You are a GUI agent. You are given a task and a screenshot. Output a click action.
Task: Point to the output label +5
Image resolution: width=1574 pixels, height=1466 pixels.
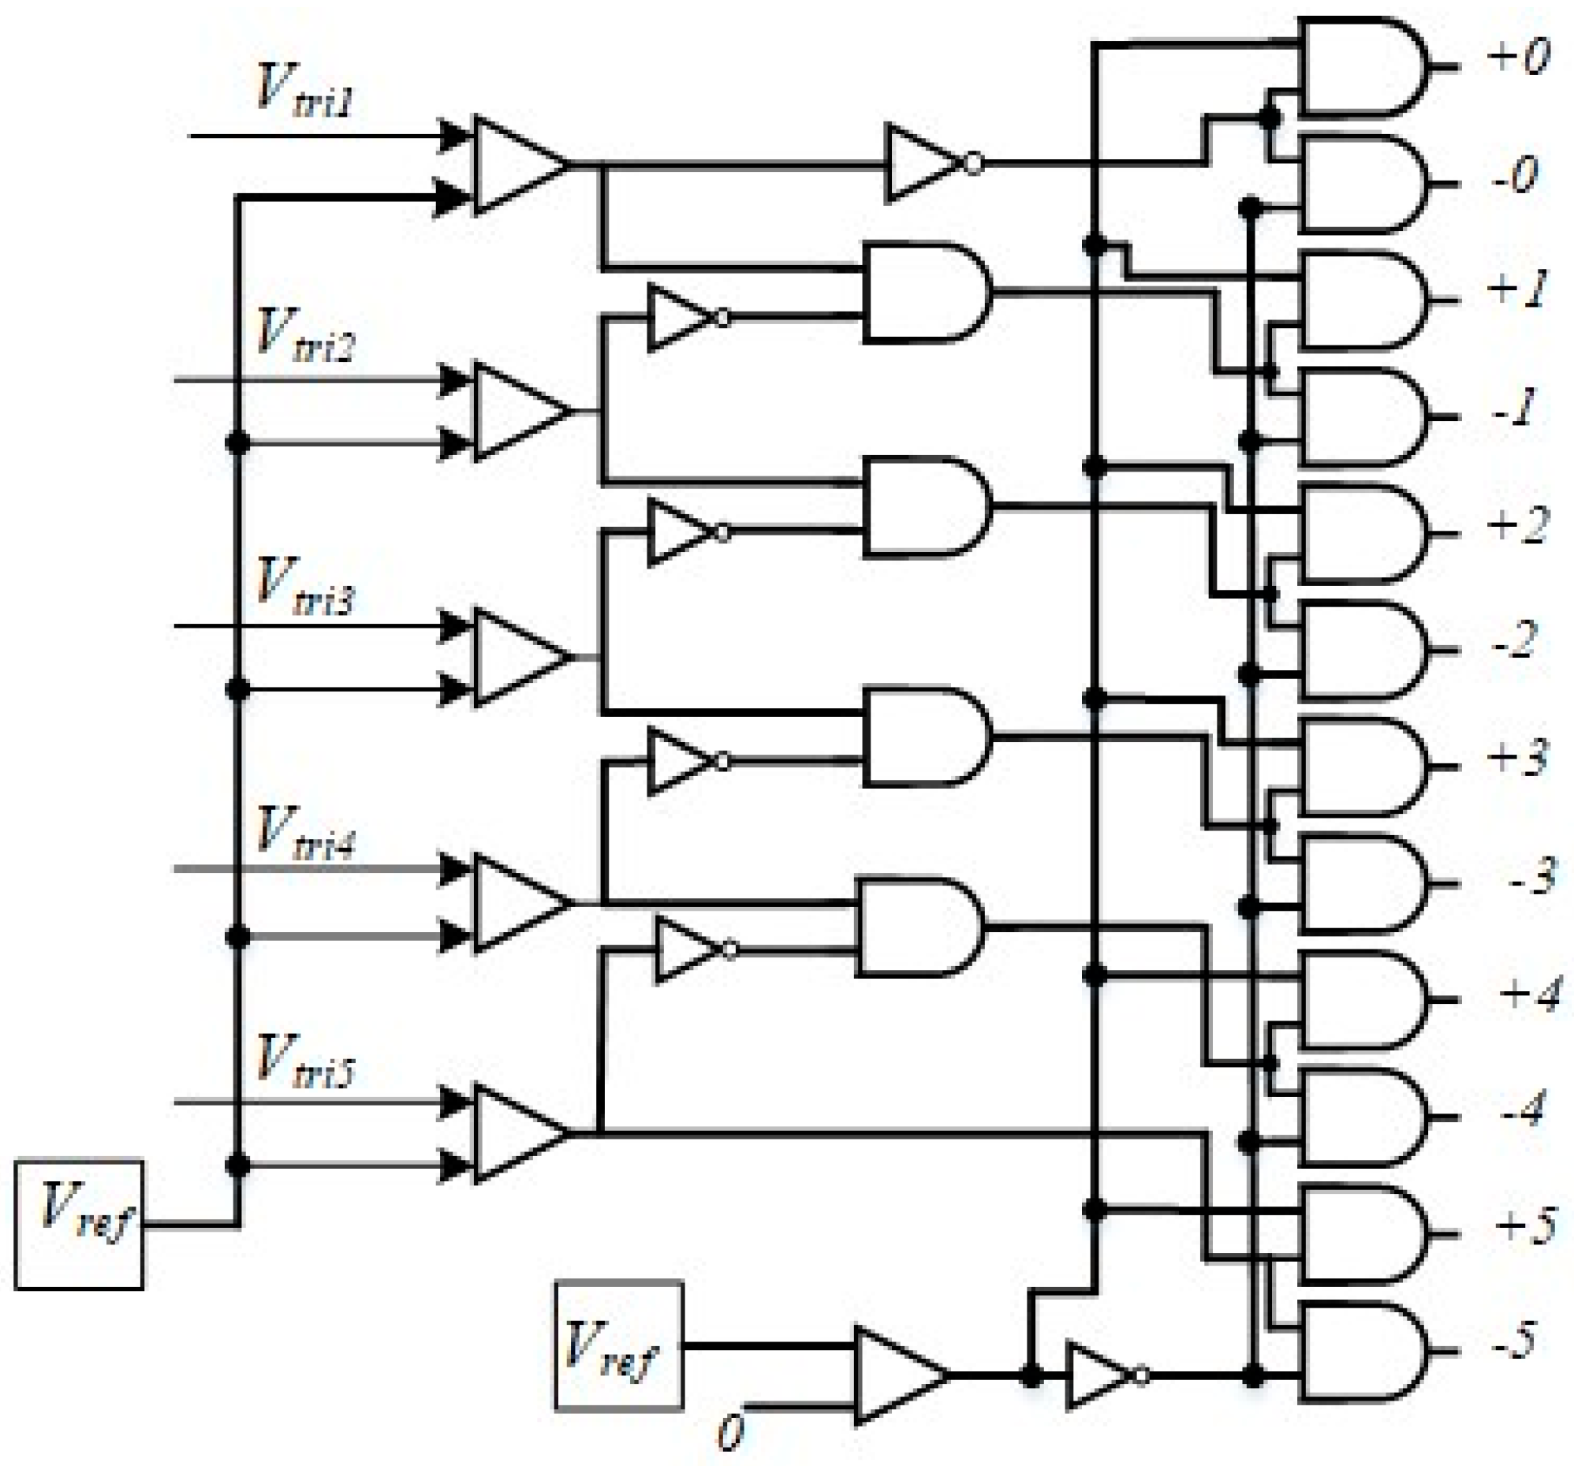(1525, 1225)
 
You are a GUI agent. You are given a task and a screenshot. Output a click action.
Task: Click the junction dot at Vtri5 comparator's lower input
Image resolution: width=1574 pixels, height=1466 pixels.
(237, 1166)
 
